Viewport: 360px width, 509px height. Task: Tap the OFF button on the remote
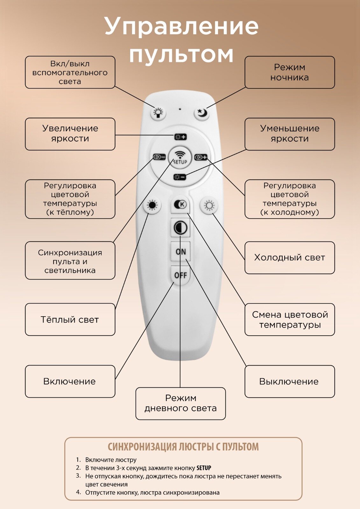180,275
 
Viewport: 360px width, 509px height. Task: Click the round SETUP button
180,157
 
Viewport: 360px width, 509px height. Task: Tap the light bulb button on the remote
158,112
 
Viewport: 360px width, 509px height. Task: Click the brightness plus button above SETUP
180,137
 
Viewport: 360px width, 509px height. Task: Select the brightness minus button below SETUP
180,177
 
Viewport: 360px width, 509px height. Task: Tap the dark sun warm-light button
152,206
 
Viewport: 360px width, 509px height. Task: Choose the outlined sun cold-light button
209,206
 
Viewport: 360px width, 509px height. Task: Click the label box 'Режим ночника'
289,73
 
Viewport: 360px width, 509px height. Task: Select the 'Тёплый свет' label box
70,319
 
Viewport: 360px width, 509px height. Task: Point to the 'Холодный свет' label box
289,258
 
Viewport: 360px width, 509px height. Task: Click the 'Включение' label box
70,381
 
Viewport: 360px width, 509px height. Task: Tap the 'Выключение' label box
289,381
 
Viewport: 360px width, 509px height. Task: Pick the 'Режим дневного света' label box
180,403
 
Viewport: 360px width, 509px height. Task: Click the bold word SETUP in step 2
204,468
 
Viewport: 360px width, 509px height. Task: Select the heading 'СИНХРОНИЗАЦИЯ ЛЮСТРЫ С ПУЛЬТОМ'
183,447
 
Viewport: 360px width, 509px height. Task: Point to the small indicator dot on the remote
180,109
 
